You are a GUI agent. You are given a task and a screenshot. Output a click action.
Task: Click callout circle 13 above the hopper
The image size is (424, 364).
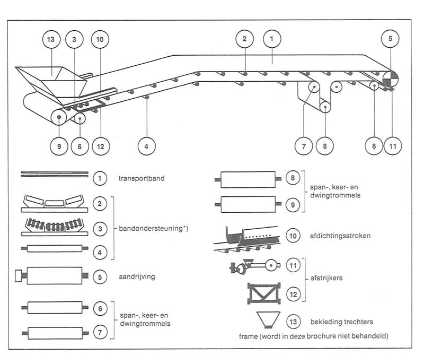[x=51, y=39]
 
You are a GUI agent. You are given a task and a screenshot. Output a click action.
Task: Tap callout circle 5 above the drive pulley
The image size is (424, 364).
[x=390, y=39]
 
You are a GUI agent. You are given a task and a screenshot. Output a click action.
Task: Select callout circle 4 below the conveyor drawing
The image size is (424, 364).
[x=147, y=146]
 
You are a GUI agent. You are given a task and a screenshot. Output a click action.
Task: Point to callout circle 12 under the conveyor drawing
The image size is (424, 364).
[x=101, y=146]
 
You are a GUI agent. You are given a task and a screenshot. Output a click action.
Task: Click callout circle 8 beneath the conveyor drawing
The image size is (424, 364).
[x=325, y=146]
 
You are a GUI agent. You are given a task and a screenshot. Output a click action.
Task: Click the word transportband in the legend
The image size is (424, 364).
[x=142, y=178]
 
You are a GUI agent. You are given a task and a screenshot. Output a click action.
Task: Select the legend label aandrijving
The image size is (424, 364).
[x=137, y=277]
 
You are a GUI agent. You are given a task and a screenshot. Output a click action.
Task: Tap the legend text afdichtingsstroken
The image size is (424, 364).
[x=340, y=236]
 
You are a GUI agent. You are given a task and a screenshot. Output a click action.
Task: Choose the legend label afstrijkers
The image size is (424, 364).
[x=326, y=278]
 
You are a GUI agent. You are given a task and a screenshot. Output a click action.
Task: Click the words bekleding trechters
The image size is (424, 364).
[x=342, y=322]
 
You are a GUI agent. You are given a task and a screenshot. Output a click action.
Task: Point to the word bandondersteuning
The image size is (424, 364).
[x=151, y=228]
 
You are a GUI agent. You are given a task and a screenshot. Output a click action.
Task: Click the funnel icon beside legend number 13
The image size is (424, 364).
[x=268, y=320]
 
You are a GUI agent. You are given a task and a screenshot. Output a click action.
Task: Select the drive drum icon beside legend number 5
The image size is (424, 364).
[x=52, y=275]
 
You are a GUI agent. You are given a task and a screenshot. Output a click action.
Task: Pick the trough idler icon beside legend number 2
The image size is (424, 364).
[x=55, y=203]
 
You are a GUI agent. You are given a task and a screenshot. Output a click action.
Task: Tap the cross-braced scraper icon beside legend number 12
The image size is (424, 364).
[x=264, y=293]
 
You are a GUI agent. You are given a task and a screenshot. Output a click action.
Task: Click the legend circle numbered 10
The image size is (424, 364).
[x=293, y=236]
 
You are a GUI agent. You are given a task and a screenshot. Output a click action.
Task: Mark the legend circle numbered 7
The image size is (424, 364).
[x=100, y=332]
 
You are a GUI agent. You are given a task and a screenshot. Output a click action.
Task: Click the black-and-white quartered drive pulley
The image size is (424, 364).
[x=390, y=79]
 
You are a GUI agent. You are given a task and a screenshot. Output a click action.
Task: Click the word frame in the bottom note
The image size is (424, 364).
[x=248, y=336]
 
